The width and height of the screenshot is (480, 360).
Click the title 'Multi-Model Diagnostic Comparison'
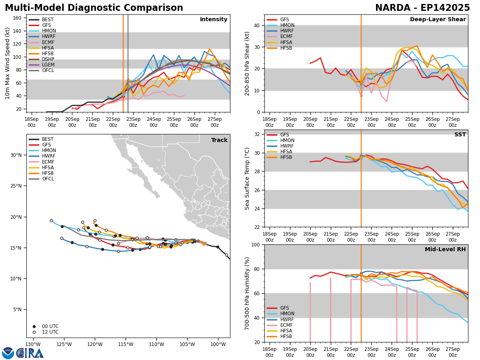pos(94,8)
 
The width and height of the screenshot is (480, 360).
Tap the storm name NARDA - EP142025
pos(422,8)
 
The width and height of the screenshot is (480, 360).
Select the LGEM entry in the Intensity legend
pos(48,65)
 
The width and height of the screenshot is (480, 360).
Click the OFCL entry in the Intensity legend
pos(48,70)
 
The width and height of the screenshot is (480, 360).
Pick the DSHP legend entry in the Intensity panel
pos(48,59)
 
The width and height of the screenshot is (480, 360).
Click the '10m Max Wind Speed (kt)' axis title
pos(7,63)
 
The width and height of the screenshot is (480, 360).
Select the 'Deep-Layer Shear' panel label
pos(438,20)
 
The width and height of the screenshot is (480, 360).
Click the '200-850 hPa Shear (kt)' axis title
pos(247,63)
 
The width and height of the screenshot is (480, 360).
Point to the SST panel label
pos(460,135)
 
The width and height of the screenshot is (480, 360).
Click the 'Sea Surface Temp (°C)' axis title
pos(247,178)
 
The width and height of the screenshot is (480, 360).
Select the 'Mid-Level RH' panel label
pos(445,250)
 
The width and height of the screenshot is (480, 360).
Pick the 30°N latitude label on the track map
pos(16,155)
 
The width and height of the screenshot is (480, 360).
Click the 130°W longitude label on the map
pos(33,344)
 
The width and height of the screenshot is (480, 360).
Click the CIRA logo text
pos(30,353)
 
